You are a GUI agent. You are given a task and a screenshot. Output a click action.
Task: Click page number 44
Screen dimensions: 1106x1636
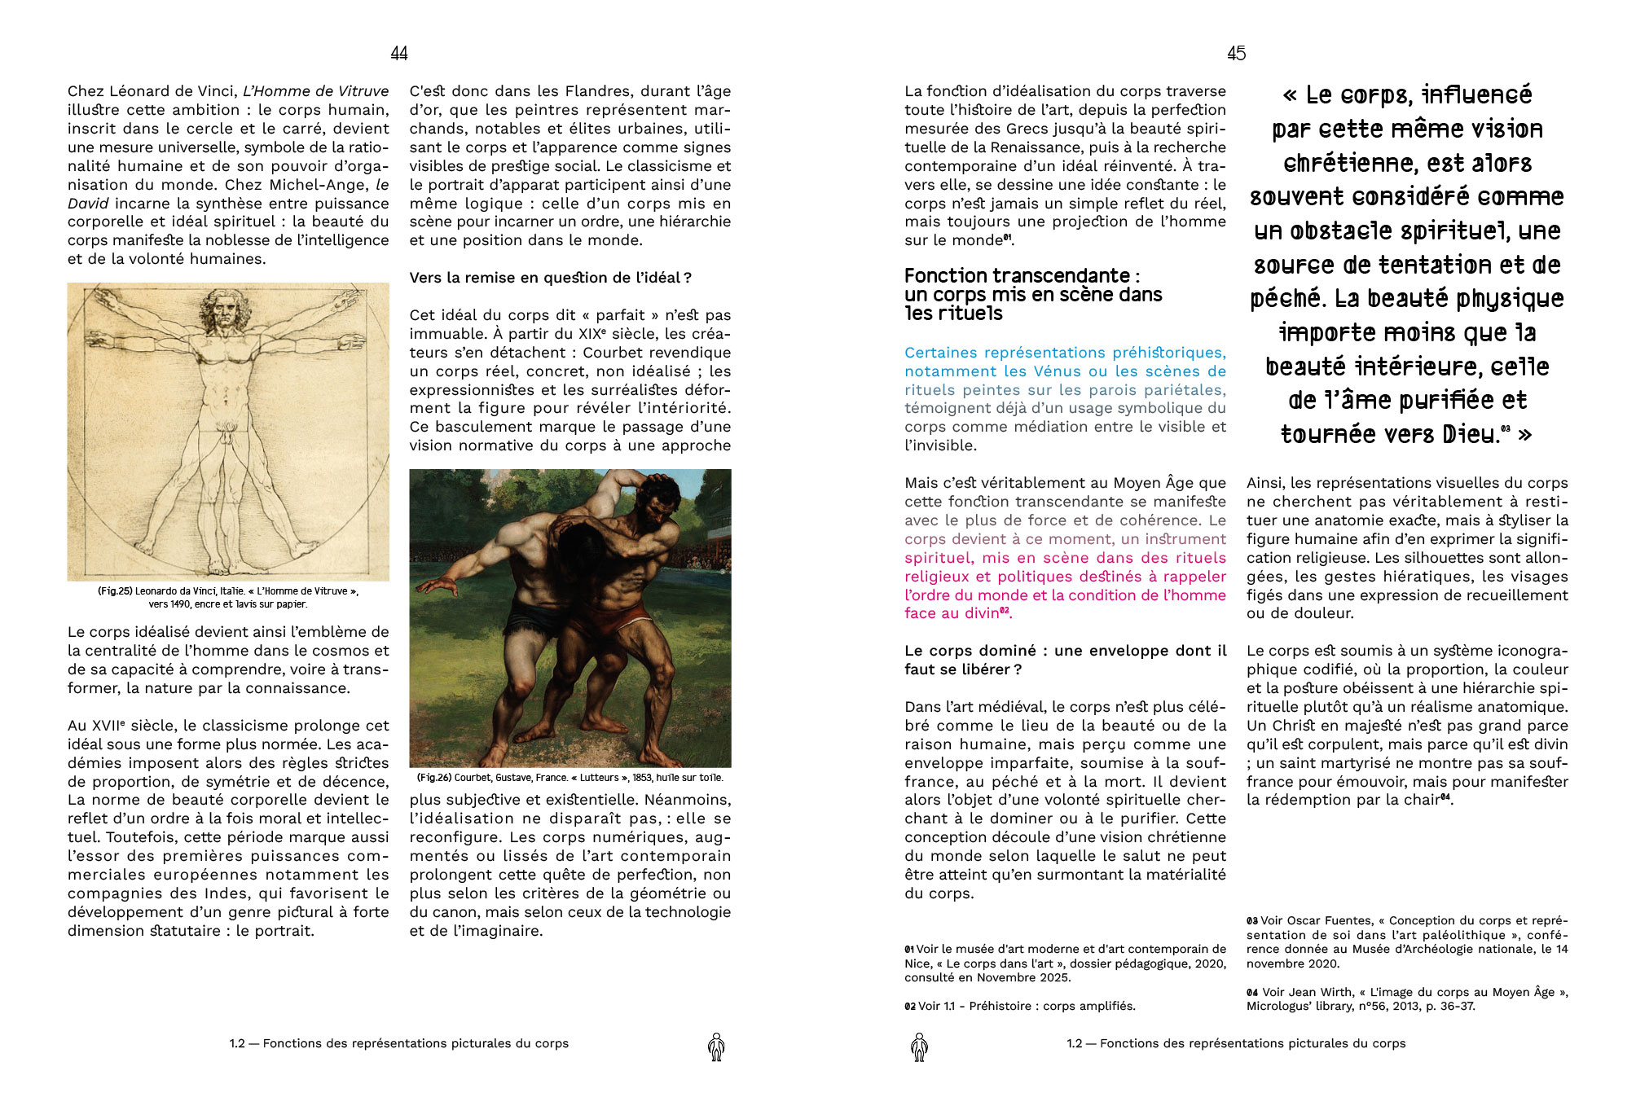398,54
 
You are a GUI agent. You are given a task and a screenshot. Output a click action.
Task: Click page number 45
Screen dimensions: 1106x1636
1236,54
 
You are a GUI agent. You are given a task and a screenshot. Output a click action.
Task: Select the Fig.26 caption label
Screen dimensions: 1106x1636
434,778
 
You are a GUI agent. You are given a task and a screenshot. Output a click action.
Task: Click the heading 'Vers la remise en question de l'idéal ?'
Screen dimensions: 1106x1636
550,278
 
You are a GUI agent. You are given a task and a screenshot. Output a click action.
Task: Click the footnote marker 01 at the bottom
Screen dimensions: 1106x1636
909,950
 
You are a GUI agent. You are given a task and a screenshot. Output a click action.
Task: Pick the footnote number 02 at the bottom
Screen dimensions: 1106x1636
909,1007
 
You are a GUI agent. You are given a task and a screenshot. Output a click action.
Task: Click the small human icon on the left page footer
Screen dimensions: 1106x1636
716,1047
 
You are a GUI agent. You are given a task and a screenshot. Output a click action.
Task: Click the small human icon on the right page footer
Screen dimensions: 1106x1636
919,1047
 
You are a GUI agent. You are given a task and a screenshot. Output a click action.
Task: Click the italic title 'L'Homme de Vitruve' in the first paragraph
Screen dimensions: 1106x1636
315,91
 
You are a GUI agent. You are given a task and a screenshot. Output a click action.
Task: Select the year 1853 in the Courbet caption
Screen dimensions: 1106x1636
643,778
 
